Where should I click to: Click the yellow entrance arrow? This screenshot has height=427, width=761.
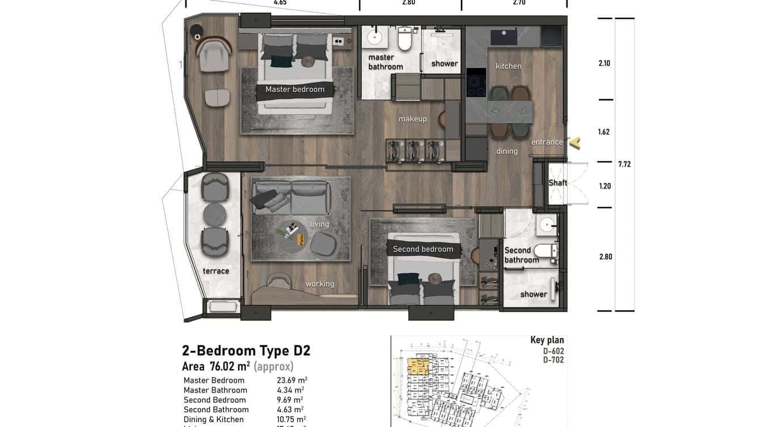575,143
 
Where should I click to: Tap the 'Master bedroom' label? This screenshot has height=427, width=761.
295,89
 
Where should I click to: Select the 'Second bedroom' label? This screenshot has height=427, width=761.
423,249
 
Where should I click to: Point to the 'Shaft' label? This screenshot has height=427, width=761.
557,183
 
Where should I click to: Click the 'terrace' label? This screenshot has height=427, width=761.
216,271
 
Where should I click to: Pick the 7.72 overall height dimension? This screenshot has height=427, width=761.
624,164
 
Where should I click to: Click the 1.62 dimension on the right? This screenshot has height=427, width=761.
604,132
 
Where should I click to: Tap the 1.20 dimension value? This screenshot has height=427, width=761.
605,186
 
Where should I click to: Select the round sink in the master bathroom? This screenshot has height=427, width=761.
374,38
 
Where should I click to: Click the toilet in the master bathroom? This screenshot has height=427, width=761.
405,39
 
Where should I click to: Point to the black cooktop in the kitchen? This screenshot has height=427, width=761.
476,83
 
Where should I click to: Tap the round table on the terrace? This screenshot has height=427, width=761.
215,214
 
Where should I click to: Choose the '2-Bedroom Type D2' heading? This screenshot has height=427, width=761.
246,351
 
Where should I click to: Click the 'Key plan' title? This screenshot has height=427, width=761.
547,340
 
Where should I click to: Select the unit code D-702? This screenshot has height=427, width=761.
553,360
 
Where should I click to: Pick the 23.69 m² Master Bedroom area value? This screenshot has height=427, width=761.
291,381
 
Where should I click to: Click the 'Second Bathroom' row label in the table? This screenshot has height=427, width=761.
216,409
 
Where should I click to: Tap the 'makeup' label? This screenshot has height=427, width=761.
412,119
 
